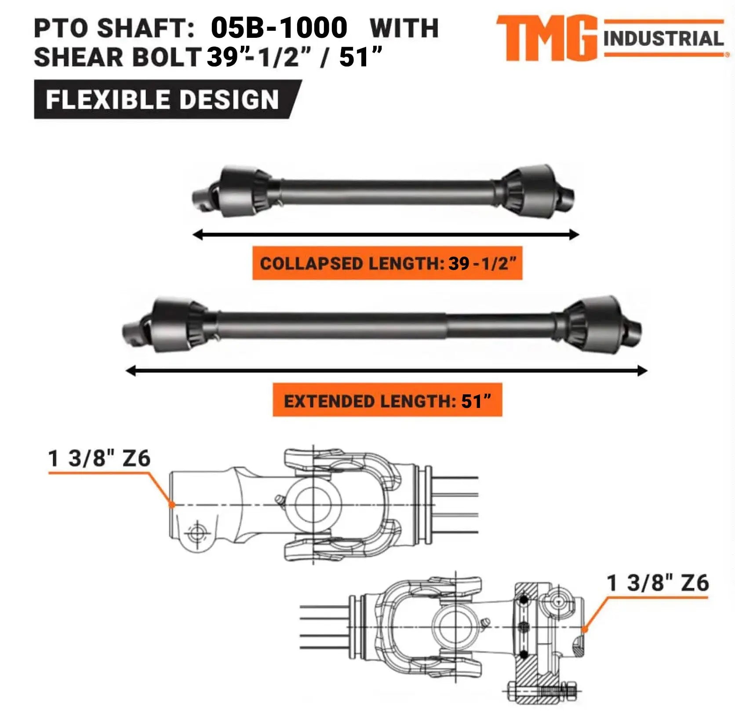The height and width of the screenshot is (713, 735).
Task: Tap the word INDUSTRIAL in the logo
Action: tap(663, 39)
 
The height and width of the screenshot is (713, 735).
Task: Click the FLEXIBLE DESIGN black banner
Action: tap(163, 99)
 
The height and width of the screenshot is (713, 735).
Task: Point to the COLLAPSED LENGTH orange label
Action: tap(387, 263)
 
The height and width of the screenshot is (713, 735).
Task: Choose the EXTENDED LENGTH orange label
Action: tap(387, 400)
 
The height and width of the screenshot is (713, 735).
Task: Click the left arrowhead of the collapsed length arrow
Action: tap(197, 235)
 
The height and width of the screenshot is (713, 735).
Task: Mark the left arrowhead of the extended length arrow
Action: tap(130, 371)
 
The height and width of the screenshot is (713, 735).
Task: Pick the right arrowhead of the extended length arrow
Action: tap(643, 371)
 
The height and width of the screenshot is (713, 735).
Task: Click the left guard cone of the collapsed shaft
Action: tap(240, 192)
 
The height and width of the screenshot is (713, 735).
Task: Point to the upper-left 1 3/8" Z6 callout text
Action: tap(99, 458)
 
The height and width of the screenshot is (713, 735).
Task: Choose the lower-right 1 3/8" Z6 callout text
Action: tap(658, 583)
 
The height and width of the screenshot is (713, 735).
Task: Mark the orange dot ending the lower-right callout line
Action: tap(585, 629)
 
